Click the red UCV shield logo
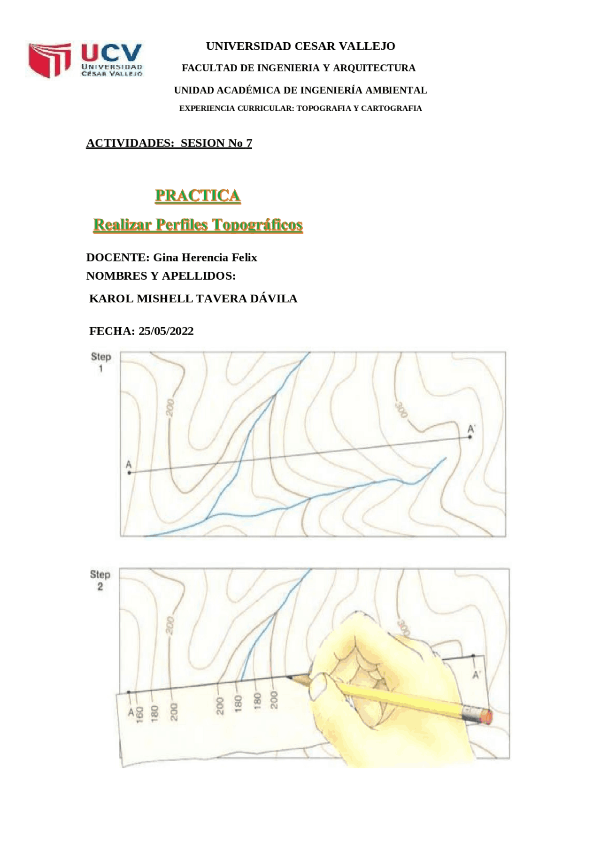point(49,60)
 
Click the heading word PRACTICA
point(198,195)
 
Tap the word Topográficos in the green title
point(257,225)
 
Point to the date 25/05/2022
point(166,331)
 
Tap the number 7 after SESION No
point(249,143)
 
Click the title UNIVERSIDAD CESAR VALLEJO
point(300,46)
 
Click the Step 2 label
point(100,580)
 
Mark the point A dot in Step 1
point(130,473)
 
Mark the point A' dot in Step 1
point(470,437)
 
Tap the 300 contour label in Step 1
point(401,410)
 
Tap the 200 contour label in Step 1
point(170,407)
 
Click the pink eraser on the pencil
point(486,717)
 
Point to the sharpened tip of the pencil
point(287,677)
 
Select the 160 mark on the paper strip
point(139,714)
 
